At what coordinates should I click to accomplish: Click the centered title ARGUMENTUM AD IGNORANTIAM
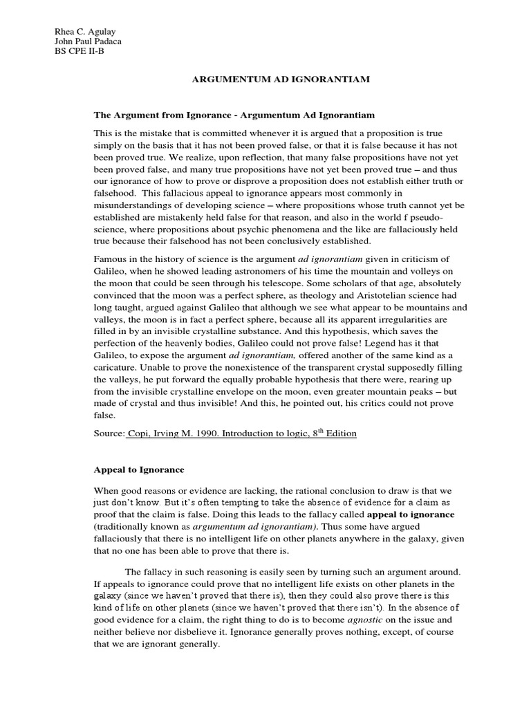(281, 80)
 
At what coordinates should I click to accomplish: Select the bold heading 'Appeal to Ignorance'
(139, 469)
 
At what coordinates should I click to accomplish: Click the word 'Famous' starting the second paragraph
(112, 259)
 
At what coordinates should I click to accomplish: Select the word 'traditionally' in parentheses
(124, 526)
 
